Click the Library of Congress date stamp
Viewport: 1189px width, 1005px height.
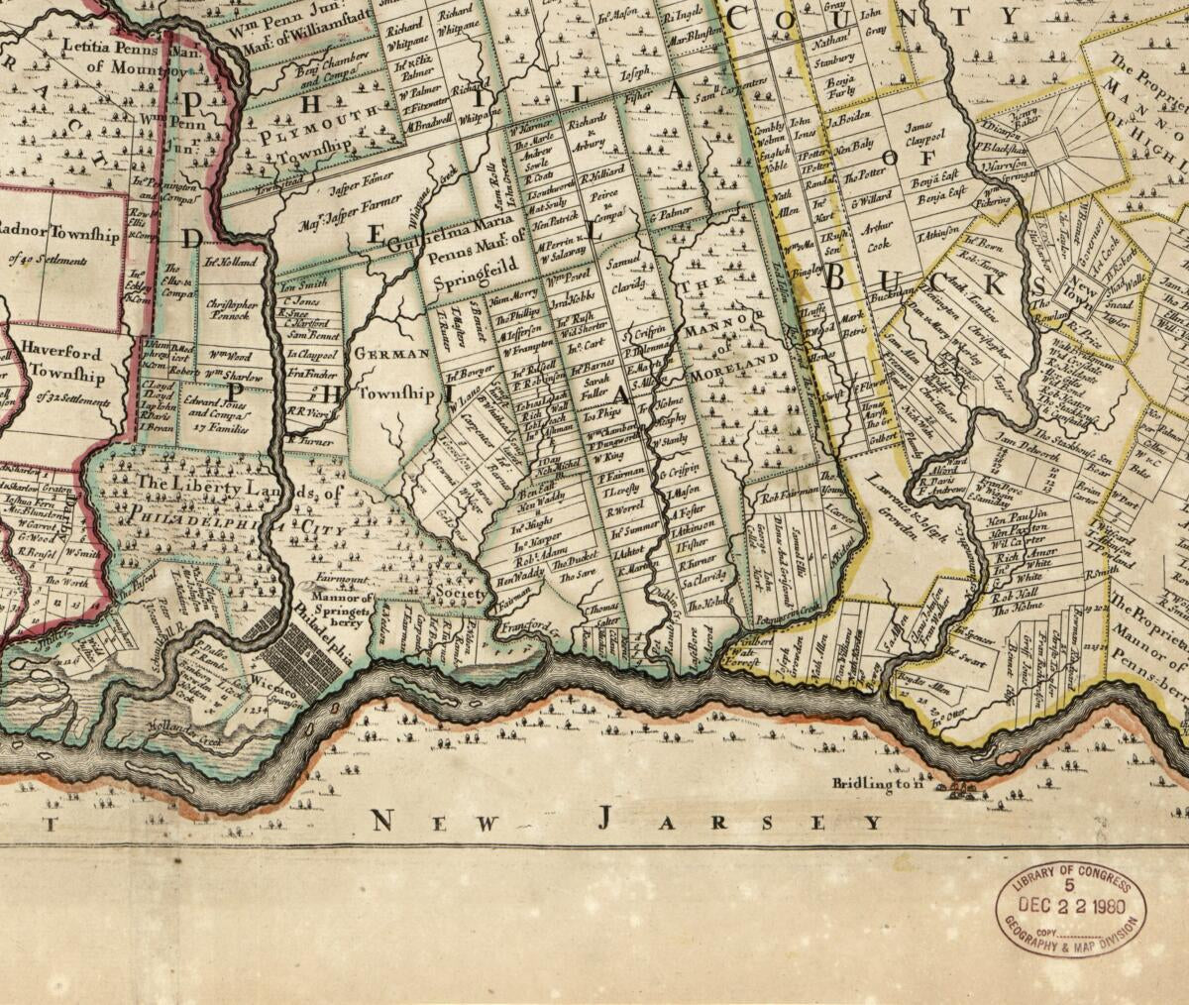pyautogui.click(x=1070, y=908)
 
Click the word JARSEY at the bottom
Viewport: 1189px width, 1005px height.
pyautogui.click(x=738, y=819)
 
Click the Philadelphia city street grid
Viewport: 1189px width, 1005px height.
pyautogui.click(x=290, y=651)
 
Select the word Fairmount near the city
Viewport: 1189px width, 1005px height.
pyautogui.click(x=342, y=578)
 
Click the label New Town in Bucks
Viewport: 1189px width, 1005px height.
pyautogui.click(x=1083, y=295)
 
